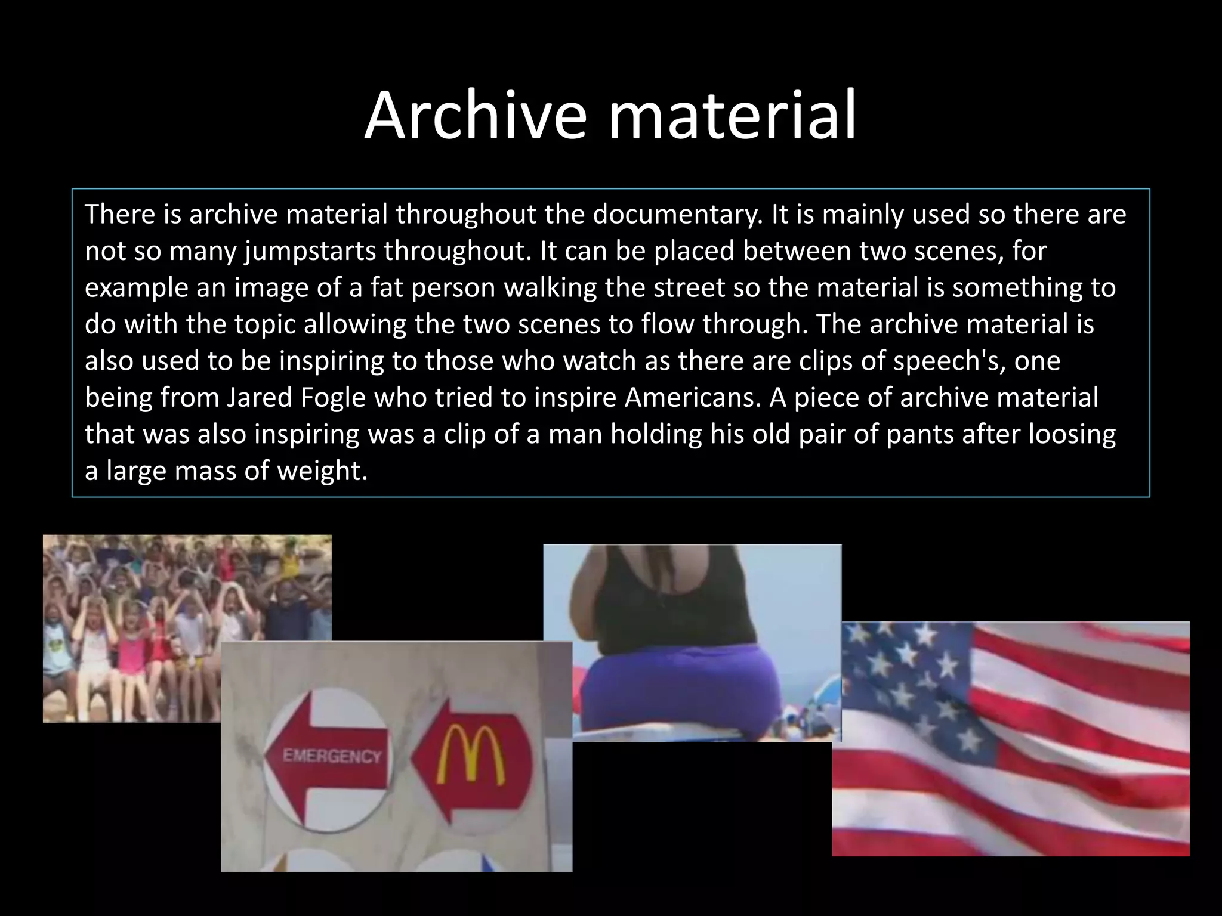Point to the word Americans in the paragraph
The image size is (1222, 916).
693,397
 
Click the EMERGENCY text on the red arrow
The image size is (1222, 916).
332,757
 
